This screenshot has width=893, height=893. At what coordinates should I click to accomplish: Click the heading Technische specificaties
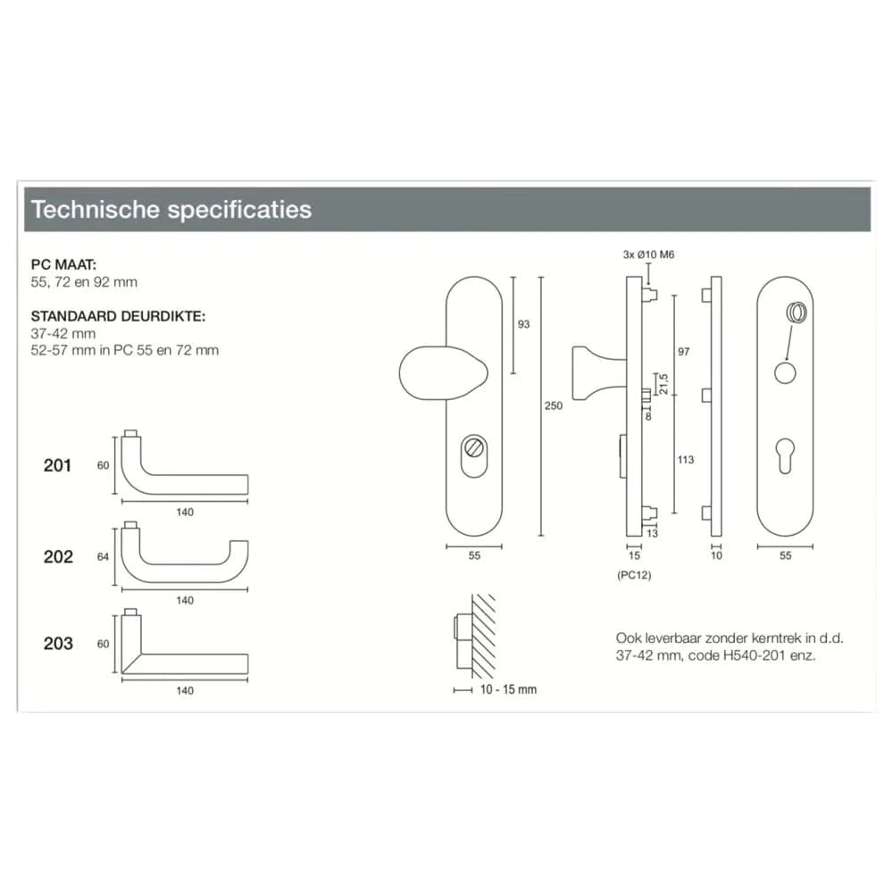click(171, 209)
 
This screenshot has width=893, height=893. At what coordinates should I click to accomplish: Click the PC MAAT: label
click(63, 264)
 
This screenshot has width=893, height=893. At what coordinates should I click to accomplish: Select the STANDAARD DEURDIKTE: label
click(118, 316)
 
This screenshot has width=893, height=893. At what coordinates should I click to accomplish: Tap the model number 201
click(57, 465)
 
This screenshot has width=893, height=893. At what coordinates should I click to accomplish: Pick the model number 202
click(58, 556)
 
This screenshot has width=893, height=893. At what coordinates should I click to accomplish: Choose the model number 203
click(58, 644)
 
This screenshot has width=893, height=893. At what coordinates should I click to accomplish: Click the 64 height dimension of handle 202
click(103, 556)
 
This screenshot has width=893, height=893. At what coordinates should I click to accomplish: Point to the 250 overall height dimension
click(553, 405)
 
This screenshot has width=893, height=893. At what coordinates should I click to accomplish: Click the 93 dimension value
click(523, 324)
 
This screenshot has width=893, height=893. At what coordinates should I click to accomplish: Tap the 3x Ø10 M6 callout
click(648, 255)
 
